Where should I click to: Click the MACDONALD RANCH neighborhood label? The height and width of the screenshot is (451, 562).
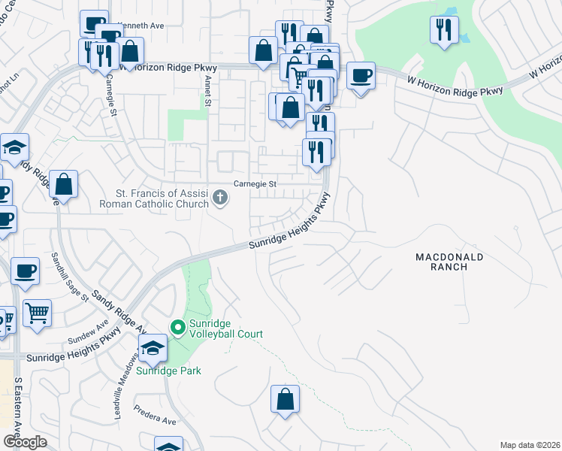pyautogui.click(x=450, y=263)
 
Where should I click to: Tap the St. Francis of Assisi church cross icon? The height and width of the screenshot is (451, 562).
pyautogui.click(x=220, y=198)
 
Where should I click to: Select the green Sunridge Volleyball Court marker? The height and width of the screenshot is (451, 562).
pyautogui.click(x=178, y=327)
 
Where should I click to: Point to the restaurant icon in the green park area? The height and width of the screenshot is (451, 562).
pyautogui.click(x=444, y=30)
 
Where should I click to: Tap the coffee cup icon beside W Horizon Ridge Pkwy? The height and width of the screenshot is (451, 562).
pyautogui.click(x=361, y=75)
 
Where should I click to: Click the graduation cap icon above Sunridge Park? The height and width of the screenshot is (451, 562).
pyautogui.click(x=153, y=348)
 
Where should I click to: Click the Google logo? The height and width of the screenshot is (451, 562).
pyautogui.click(x=25, y=442)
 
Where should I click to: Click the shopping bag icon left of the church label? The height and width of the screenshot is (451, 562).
pyautogui.click(x=64, y=184)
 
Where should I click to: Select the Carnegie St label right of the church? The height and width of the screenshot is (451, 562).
pyautogui.click(x=255, y=183)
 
